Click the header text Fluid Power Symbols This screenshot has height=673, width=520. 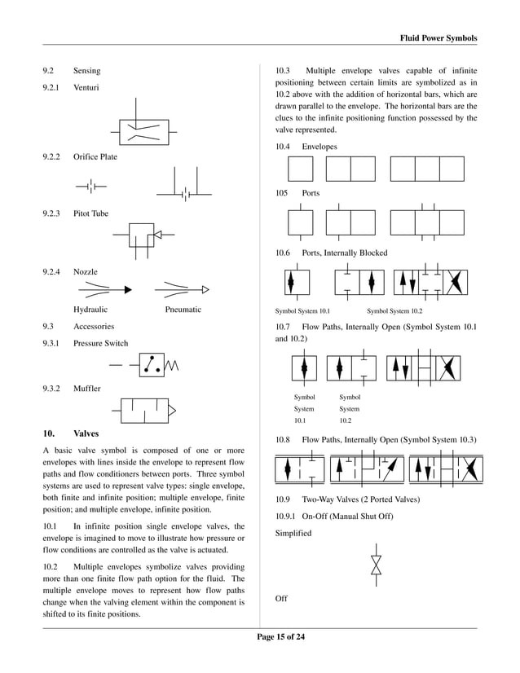click(x=438, y=38)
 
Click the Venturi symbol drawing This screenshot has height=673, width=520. click(x=143, y=130)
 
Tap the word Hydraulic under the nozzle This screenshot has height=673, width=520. click(x=90, y=310)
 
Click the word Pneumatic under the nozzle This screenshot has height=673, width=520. click(x=183, y=310)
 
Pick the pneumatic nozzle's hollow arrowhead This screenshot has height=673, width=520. click(x=205, y=288)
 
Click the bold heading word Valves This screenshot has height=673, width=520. click(x=86, y=433)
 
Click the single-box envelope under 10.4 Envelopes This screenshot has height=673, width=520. click(x=300, y=169)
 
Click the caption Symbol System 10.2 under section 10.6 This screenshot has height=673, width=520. click(x=394, y=310)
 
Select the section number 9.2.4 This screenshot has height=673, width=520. click(x=51, y=271)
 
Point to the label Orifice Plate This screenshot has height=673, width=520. click(x=95, y=156)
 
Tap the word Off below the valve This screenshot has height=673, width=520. click(x=281, y=599)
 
